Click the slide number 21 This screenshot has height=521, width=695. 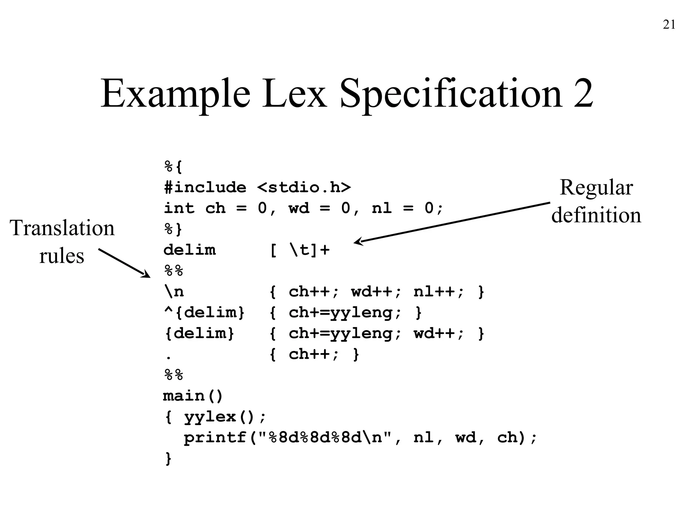669,25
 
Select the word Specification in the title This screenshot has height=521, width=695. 450,95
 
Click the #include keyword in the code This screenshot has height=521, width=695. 205,188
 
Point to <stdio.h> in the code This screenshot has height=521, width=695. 304,188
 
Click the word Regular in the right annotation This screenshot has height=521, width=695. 596,187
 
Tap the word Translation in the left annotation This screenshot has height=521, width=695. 62,228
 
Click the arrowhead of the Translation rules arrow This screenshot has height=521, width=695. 147,275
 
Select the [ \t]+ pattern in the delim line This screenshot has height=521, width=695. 300,250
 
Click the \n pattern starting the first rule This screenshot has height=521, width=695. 174,292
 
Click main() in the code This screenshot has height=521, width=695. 193,396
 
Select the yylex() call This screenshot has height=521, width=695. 219,417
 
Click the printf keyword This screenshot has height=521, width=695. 215,438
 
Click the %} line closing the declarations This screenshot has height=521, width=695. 173,229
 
